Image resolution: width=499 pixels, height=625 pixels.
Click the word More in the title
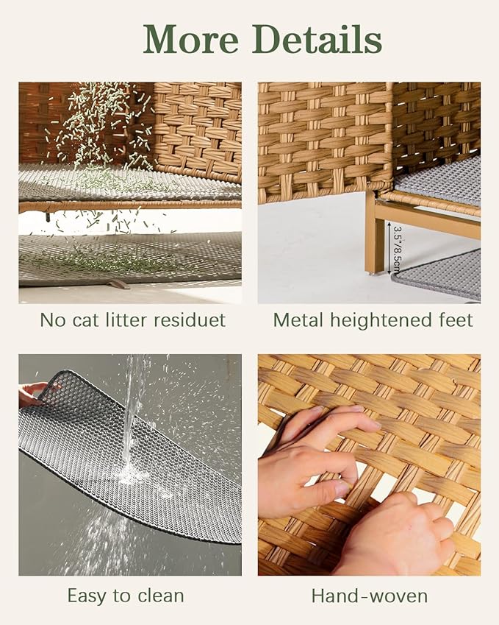193,40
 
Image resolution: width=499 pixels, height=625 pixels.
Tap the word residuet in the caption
189,320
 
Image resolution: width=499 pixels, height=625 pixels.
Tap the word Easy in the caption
87,596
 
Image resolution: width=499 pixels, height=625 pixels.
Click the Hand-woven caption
369,596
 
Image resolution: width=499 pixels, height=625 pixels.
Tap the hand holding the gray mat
33,393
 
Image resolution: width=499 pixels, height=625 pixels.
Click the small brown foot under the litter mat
118,283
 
